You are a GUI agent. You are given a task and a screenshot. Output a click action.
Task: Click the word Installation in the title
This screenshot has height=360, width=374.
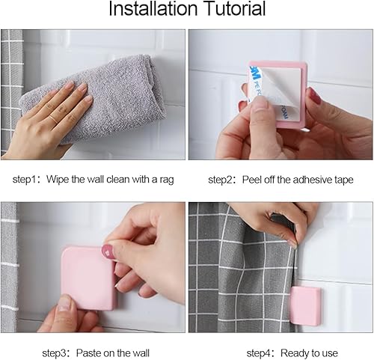click(x=153, y=9)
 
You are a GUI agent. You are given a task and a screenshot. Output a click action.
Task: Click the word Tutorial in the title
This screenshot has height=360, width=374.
click(x=235, y=9)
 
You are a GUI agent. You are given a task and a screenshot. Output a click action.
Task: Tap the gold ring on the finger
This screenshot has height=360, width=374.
click(x=53, y=118)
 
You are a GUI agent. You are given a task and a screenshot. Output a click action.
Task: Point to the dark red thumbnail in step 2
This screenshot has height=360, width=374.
click(x=315, y=96)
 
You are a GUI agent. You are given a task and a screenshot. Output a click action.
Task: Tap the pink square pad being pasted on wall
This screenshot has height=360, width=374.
click(x=88, y=278)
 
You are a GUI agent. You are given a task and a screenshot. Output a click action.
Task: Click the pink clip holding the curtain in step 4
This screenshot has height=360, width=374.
click(x=305, y=306)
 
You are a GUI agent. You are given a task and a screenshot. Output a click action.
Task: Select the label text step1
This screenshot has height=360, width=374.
click(x=25, y=180)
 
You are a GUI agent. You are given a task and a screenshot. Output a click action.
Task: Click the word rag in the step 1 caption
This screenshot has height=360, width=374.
click(x=166, y=180)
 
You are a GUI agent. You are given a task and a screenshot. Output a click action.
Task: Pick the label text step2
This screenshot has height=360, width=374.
click(x=220, y=180)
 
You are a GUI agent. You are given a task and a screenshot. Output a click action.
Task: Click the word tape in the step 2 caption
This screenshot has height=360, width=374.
click(x=345, y=180)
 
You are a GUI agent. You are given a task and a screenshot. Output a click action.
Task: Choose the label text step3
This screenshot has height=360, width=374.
click(x=54, y=353)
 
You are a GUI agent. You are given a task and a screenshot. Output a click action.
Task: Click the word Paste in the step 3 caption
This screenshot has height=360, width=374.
click(x=88, y=353)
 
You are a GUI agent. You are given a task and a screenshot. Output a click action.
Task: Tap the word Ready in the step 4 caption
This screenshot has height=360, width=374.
click(x=295, y=353)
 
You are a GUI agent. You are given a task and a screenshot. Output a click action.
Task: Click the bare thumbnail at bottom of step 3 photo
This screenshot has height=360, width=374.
click(x=64, y=303)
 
